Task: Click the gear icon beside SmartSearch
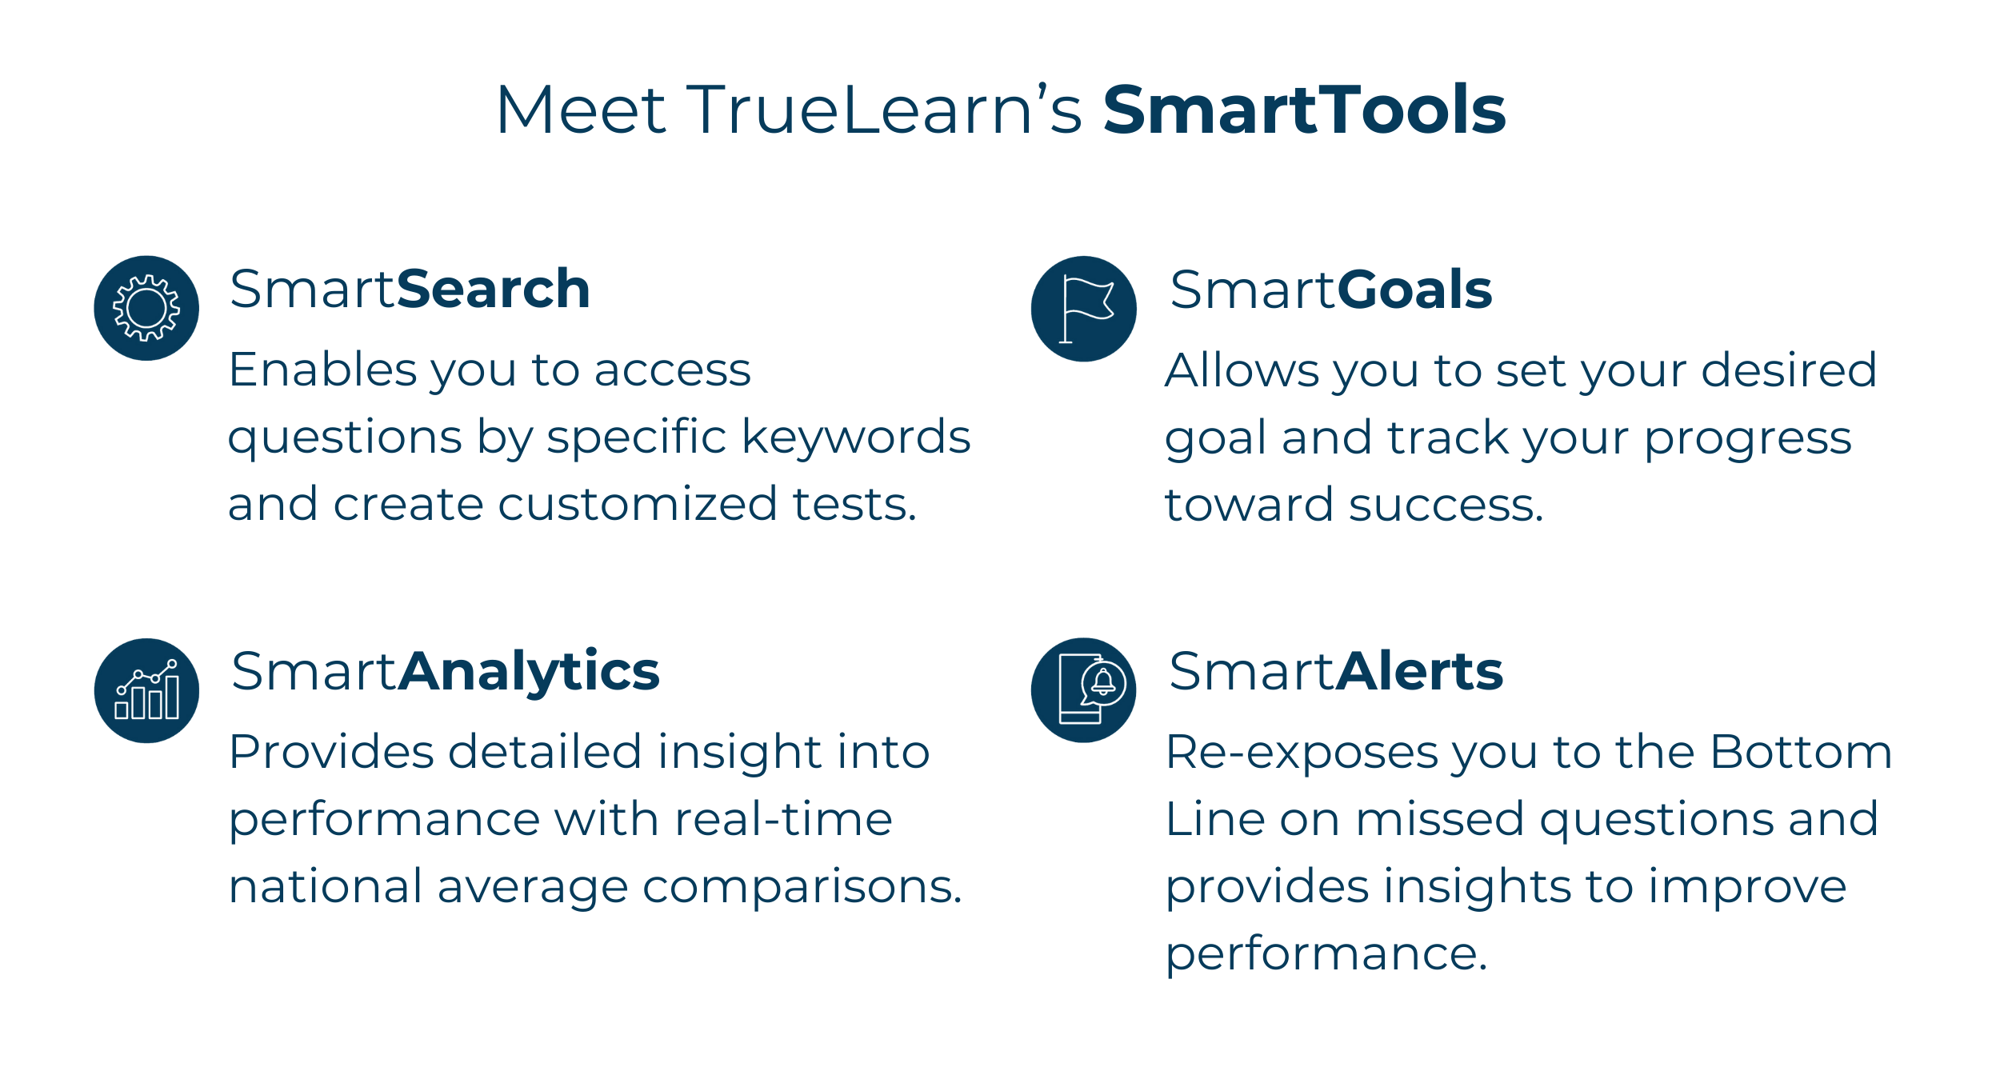(146, 308)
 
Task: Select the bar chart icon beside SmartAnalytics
(146, 690)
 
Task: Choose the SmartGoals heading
(1330, 289)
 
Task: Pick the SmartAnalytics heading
(445, 672)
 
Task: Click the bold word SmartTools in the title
(1304, 109)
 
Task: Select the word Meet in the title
(581, 109)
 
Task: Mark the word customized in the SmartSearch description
(637, 504)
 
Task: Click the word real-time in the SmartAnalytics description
(783, 819)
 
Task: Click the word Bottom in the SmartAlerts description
(1801, 752)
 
